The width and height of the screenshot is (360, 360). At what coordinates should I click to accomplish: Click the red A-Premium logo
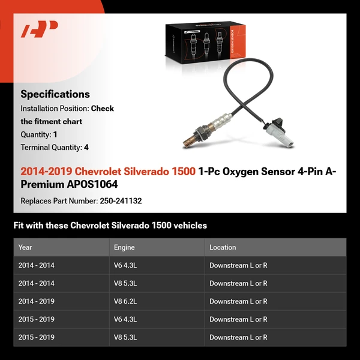point(40,29)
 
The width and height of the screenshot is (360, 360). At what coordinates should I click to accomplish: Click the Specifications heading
point(55,94)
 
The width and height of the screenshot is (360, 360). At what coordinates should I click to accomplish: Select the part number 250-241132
point(120,201)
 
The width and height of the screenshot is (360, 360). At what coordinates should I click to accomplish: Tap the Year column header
point(25,247)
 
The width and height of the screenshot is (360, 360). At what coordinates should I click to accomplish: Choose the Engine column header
point(124,247)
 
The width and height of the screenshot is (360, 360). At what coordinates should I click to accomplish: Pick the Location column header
point(223,247)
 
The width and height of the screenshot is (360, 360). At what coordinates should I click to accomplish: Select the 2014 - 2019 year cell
point(36,301)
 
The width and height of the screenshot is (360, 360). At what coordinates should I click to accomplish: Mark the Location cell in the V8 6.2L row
point(238,301)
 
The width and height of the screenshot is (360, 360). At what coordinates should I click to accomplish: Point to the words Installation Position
point(55,109)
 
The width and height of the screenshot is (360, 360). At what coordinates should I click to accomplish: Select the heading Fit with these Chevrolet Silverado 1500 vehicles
point(110,226)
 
